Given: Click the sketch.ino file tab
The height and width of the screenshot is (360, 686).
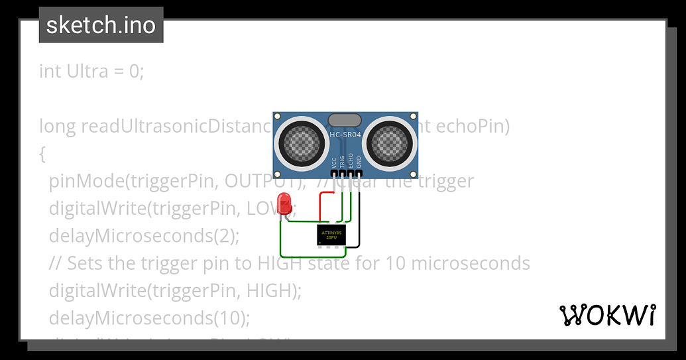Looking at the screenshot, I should pos(101,25).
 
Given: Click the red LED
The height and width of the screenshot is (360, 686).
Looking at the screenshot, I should pos(285,202).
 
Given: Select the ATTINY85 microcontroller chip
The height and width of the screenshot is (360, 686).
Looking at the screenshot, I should pos(331,235).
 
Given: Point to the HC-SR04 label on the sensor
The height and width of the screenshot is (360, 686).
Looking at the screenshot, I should pos(345,135).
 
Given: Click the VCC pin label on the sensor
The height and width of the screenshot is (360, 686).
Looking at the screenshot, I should pos(333,162).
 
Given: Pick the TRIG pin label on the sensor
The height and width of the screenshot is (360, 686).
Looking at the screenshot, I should pos(342,160).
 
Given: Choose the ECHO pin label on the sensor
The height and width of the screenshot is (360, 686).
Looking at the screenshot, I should pos(351,160).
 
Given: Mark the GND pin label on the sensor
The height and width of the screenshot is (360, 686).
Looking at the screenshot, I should pos(359,162).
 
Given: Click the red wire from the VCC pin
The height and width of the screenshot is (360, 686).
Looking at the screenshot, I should pos(321,206).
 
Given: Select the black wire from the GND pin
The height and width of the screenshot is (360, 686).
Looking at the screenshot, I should pos(359,219).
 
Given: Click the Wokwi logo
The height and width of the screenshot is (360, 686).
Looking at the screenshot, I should pos(608,316).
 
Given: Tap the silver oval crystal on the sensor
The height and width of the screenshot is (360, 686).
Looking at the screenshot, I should pos(345,120).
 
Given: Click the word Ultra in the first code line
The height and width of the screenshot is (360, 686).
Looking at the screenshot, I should pos(87,71).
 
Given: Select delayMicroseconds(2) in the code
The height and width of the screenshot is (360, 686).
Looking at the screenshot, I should pos(144,235).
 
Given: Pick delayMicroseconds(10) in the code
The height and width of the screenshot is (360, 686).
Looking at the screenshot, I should pos(149,318).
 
